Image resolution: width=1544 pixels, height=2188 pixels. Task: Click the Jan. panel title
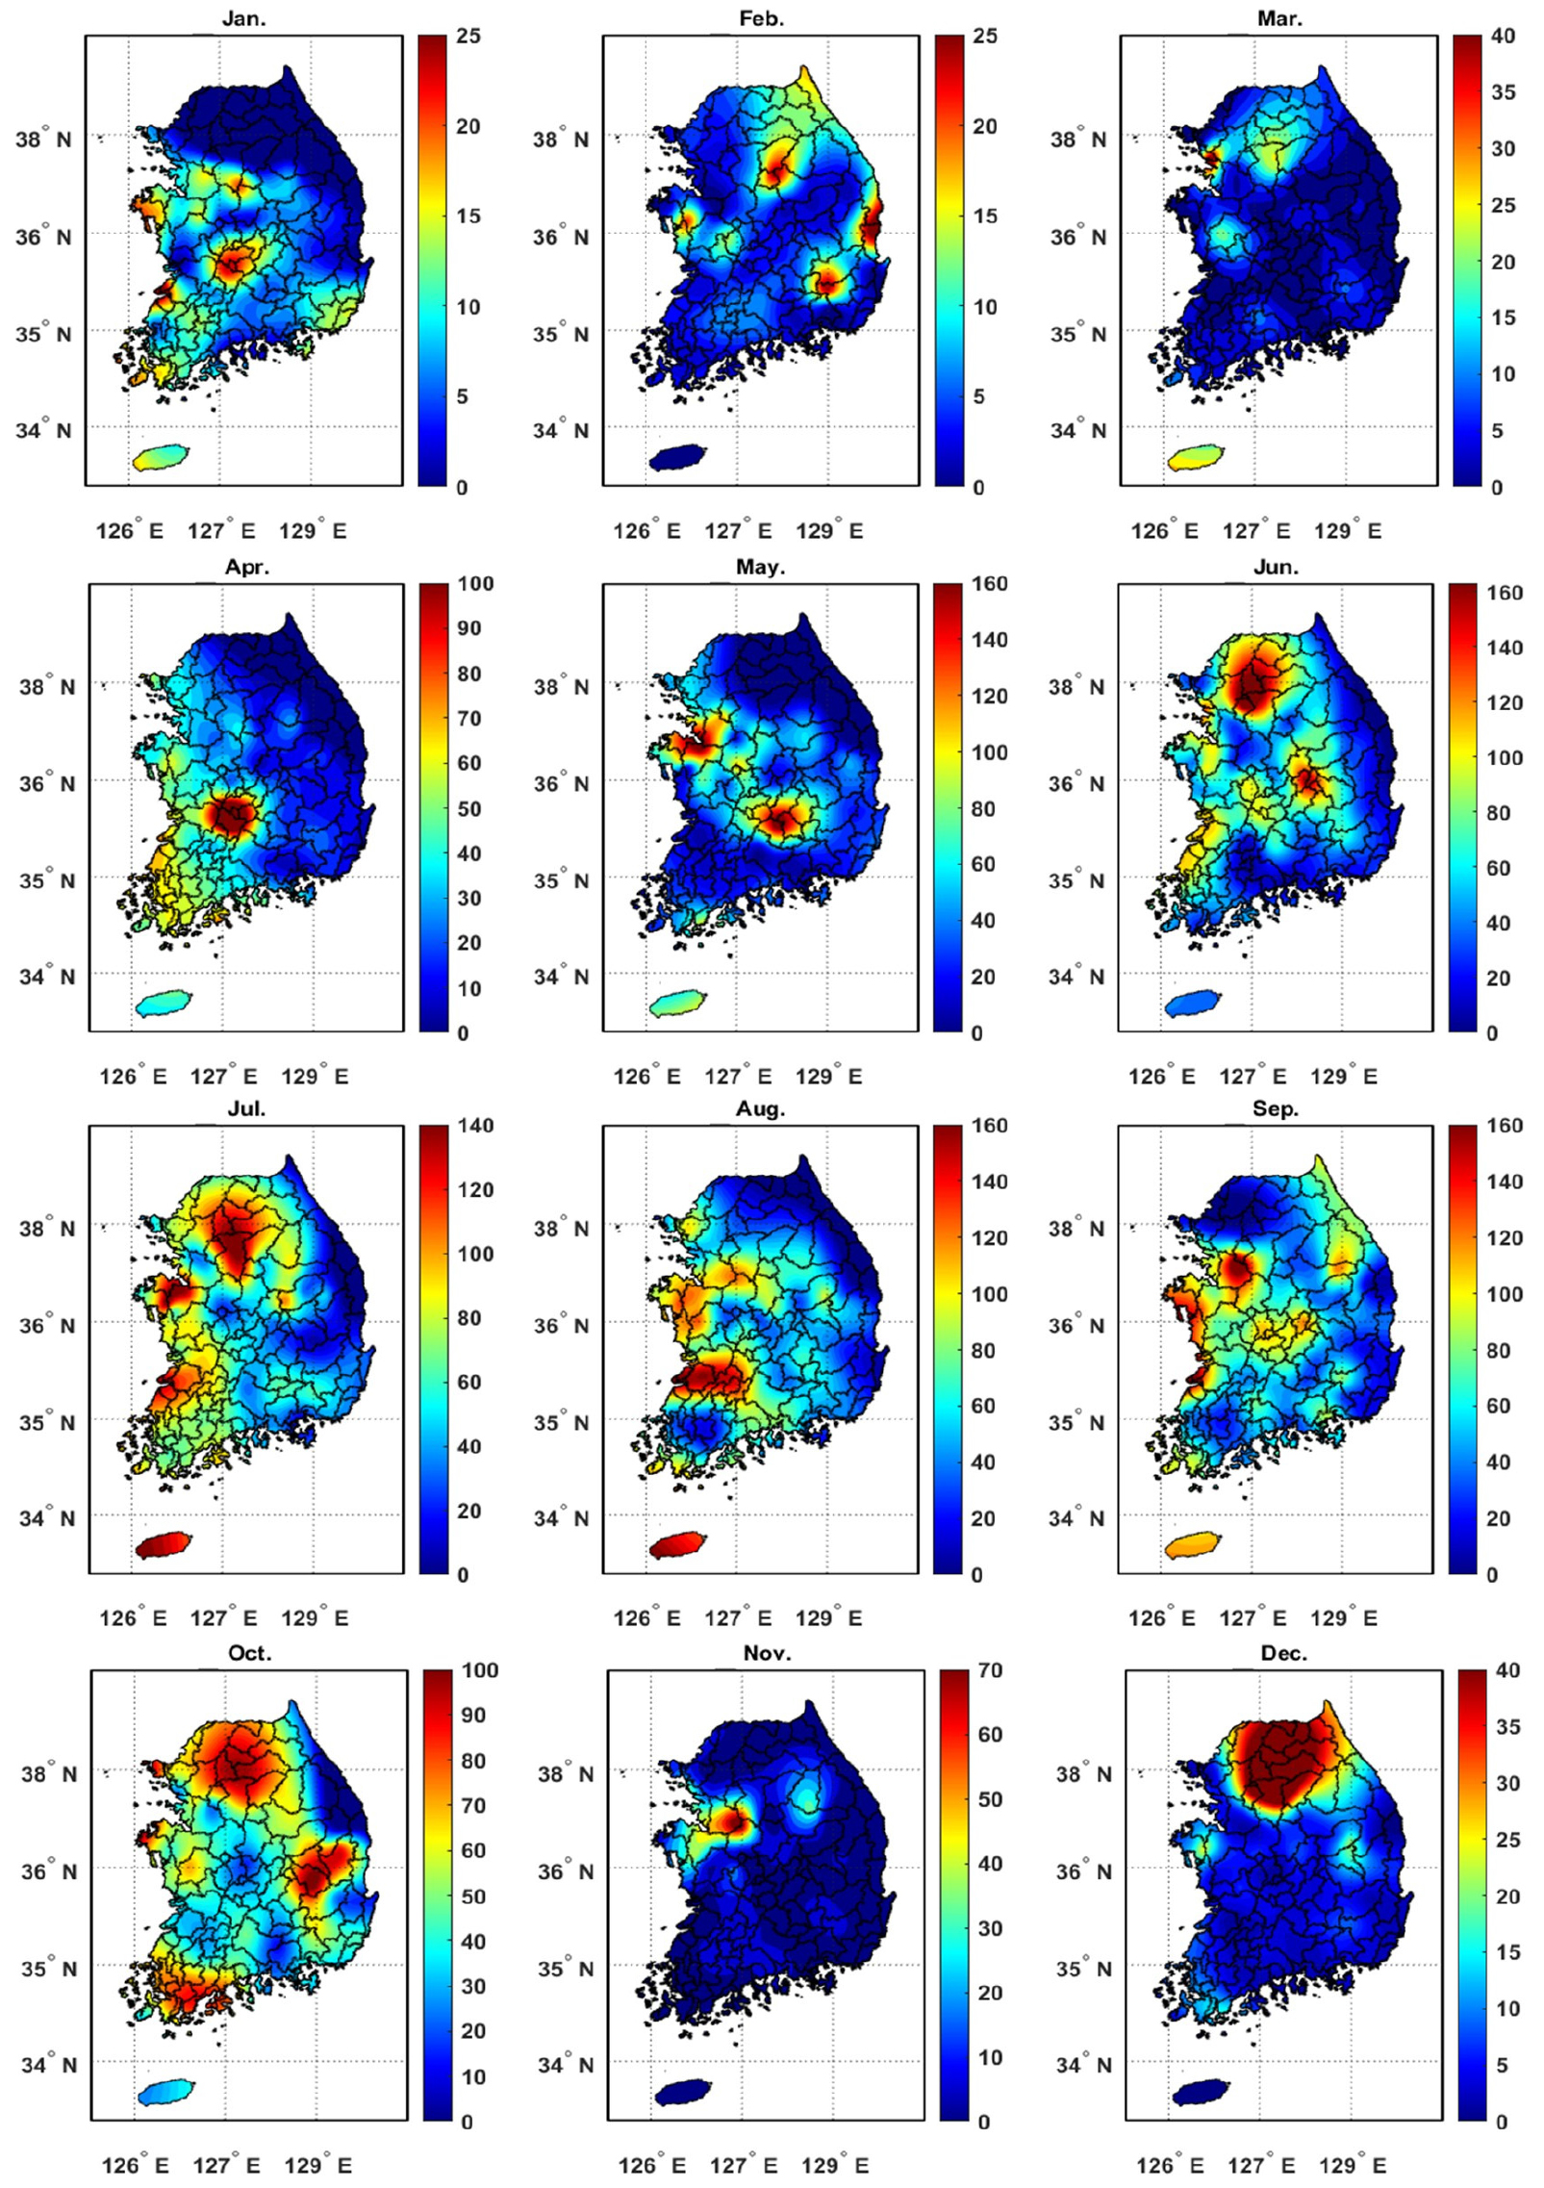point(244,18)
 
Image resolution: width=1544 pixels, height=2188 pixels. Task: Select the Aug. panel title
point(760,1108)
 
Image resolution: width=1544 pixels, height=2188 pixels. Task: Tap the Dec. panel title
point(1283,1653)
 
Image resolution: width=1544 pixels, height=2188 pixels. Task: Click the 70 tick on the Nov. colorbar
point(990,1670)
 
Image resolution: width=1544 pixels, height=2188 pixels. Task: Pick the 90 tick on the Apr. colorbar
point(469,628)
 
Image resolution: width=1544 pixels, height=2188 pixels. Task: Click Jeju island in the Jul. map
point(164,1545)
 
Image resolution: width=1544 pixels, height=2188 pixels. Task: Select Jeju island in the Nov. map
point(683,2092)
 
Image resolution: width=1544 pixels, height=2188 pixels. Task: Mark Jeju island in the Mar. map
point(1197,457)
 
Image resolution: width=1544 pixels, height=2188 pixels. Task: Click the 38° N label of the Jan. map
point(44,140)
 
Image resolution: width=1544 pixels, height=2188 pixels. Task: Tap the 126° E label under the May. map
point(646,1077)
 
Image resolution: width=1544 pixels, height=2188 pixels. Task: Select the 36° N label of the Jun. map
point(1076,783)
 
